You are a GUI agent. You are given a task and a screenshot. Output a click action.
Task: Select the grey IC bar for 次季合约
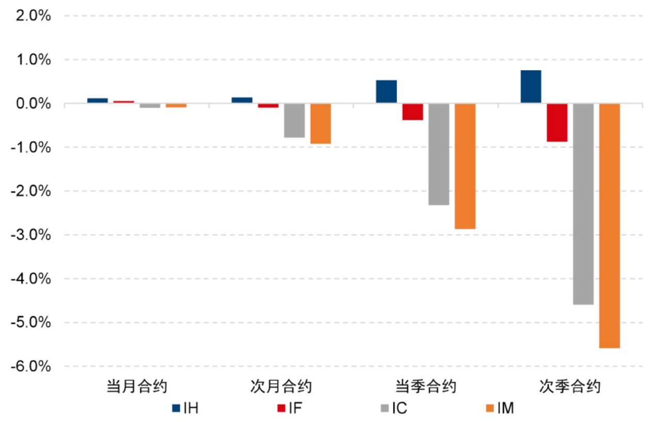tap(583, 204)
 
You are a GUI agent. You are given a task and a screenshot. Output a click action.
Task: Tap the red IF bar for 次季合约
tap(557, 123)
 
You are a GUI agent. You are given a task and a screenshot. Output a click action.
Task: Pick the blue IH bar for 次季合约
tap(531, 87)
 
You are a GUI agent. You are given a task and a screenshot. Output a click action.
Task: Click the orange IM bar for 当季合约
tap(465, 166)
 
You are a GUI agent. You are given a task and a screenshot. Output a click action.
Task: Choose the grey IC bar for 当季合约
tap(438, 154)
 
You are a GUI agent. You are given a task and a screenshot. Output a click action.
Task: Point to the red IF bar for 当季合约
tap(413, 112)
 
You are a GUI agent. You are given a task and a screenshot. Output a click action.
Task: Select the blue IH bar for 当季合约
tap(386, 92)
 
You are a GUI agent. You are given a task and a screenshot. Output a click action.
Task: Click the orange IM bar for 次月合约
tap(320, 124)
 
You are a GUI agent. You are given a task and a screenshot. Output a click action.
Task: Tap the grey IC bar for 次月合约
tap(294, 121)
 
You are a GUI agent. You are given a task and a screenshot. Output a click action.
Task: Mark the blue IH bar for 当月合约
tap(97, 100)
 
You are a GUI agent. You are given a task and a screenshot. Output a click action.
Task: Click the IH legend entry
tap(185, 409)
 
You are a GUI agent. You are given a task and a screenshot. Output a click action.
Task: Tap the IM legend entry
tap(499, 409)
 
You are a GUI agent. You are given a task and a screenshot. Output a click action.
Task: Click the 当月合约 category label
tap(137, 387)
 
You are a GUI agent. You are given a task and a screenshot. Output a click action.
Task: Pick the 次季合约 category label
tap(570, 387)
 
